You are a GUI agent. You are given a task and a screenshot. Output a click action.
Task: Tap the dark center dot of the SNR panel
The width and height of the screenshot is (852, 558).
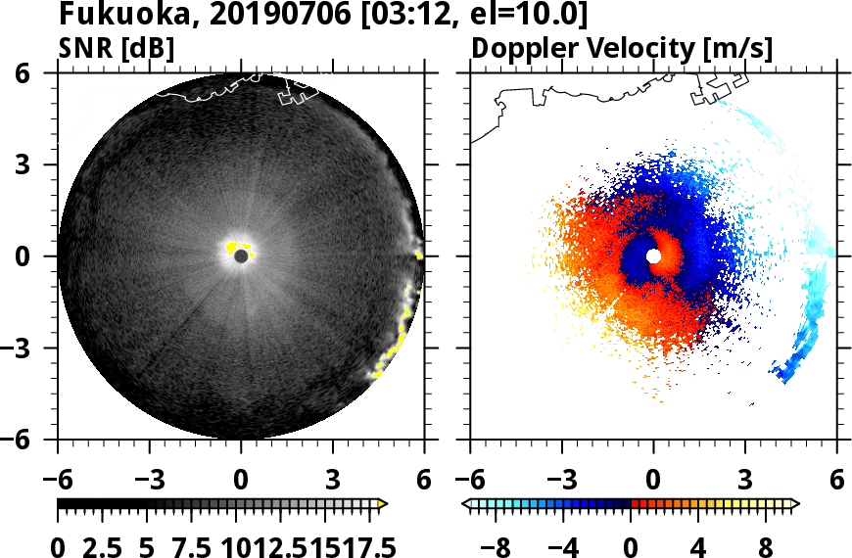pyautogui.click(x=241, y=256)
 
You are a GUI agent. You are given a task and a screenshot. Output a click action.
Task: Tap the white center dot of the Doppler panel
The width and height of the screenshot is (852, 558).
pyautogui.click(x=653, y=256)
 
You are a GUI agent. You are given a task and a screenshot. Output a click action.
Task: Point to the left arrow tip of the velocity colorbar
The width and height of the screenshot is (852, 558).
pyautogui.click(x=465, y=504)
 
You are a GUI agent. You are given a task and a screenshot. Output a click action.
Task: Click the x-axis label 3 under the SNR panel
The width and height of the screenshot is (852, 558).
pyautogui.click(x=333, y=481)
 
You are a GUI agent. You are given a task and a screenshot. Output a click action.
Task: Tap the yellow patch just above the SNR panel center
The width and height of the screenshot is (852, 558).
pyautogui.click(x=234, y=246)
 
